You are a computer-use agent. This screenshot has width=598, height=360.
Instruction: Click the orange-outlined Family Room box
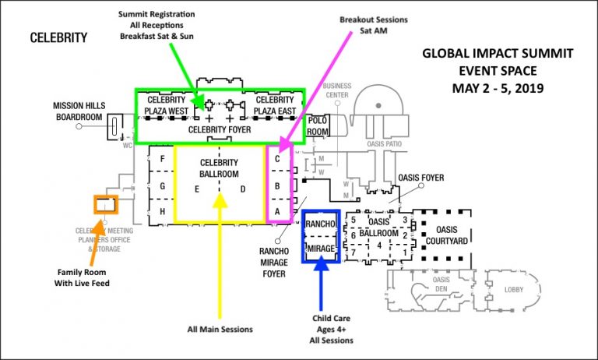pyautogui.click(x=105, y=204)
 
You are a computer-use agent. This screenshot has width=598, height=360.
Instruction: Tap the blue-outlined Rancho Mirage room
pyautogui.click(x=322, y=235)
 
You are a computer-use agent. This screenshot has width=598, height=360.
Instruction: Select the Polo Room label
pyautogui.click(x=317, y=126)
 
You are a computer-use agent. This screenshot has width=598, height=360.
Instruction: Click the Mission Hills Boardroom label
pyautogui.click(x=78, y=111)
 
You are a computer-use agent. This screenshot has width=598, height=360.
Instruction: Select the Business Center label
pyautogui.click(x=336, y=90)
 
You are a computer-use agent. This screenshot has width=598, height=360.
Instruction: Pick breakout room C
pyautogui.click(x=276, y=160)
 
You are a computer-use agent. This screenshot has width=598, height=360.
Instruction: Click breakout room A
pyautogui.click(x=276, y=210)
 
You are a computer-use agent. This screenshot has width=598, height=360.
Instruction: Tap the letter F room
pyautogui.click(x=162, y=160)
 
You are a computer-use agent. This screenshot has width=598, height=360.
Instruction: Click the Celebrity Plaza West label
pyautogui.click(x=166, y=105)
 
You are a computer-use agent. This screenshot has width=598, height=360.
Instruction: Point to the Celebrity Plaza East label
pyautogui.click(x=275, y=105)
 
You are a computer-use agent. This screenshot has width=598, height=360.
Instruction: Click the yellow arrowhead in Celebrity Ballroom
pyautogui.click(x=221, y=199)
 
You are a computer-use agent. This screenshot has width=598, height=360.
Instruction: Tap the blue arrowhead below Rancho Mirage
pyautogui.click(x=322, y=265)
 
